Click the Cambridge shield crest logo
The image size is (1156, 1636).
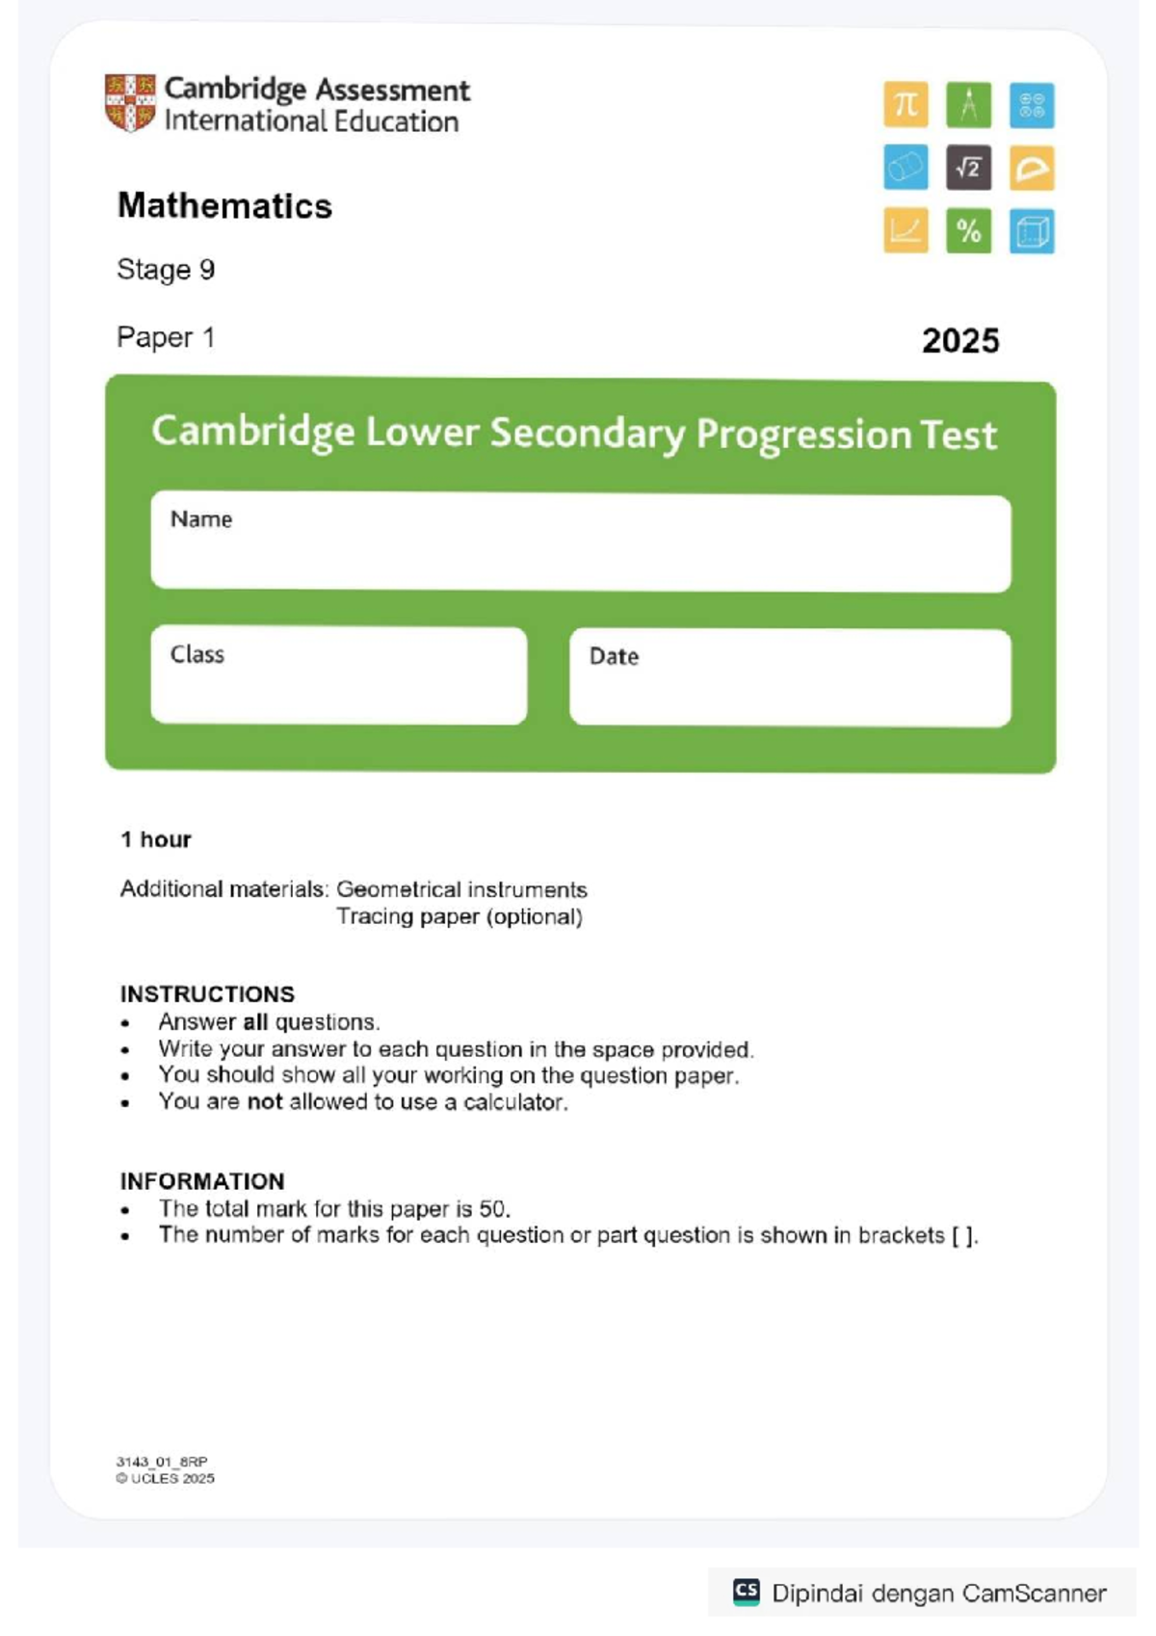click(130, 102)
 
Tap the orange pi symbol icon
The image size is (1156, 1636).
click(906, 104)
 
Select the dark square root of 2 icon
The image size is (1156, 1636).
click(968, 169)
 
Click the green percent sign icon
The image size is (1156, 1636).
click(968, 231)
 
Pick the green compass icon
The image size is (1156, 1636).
click(968, 104)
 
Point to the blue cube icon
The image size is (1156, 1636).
click(1032, 231)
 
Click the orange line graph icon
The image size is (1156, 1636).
click(906, 231)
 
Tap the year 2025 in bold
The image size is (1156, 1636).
click(959, 340)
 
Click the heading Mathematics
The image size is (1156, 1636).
click(224, 206)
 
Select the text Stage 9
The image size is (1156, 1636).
click(166, 270)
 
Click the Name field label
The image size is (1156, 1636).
click(201, 519)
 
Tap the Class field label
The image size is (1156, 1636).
click(197, 654)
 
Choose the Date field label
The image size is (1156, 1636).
click(614, 656)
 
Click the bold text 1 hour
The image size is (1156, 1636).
click(156, 839)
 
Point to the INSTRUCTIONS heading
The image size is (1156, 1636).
click(207, 993)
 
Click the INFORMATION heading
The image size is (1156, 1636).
click(202, 1180)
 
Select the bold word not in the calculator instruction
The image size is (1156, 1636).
click(265, 1101)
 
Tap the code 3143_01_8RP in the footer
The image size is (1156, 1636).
click(162, 1461)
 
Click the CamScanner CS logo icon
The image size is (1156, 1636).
click(747, 1592)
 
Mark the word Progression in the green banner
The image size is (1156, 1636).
click(803, 434)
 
